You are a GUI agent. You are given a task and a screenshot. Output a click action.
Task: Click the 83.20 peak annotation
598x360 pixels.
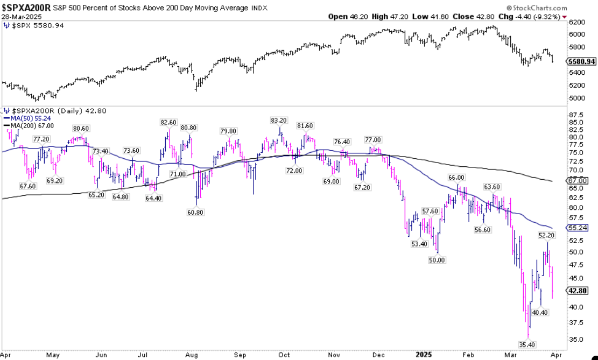tap(278, 121)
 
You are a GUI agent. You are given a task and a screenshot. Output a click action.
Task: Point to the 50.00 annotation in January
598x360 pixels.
tap(437, 260)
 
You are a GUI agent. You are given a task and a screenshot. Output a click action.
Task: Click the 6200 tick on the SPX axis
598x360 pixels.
tap(576, 22)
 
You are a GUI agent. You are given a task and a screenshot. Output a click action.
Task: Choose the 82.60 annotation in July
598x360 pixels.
tap(168, 123)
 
